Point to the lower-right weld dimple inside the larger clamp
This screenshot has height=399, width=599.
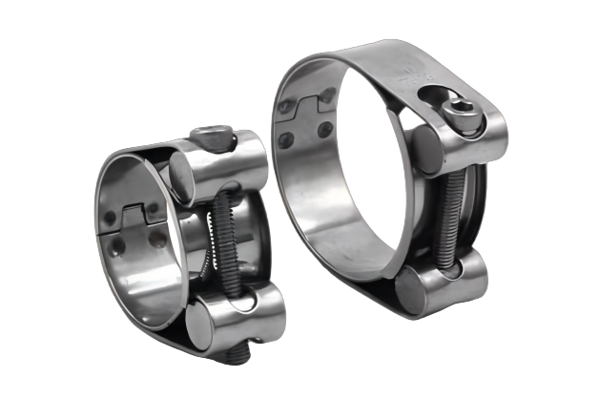point(324,129)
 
